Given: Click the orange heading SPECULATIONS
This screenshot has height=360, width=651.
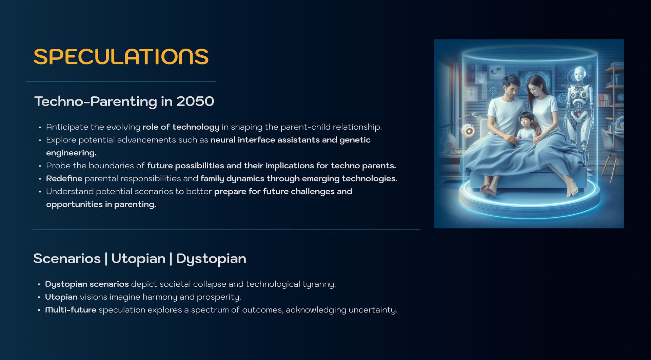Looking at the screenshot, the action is [121, 56].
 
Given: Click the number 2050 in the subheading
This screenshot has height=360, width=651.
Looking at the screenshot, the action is [195, 101].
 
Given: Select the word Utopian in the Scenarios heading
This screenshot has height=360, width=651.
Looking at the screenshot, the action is [138, 259].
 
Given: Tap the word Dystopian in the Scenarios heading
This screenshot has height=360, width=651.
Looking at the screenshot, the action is [211, 259].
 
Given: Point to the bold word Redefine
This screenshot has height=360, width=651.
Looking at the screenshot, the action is [64, 178].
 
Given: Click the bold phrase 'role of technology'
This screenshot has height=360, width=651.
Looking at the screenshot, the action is [181, 127].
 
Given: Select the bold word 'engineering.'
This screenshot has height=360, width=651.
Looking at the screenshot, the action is [71, 153].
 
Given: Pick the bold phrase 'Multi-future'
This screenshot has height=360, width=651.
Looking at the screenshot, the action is [71, 310].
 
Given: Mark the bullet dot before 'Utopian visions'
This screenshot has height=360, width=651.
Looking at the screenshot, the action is [39, 297].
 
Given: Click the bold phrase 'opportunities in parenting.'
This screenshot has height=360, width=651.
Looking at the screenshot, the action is [101, 205].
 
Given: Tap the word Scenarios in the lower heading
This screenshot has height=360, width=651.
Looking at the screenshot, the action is [67, 259].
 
